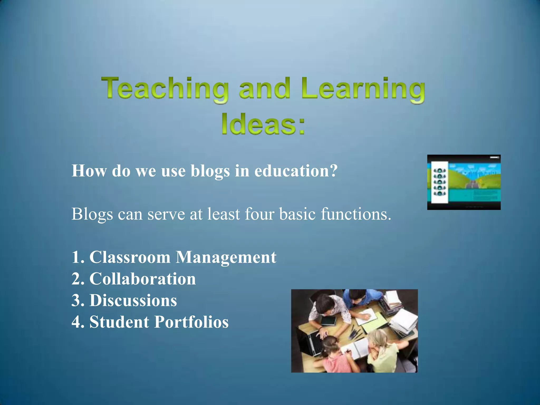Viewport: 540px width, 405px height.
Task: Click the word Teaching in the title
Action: [x=165, y=89]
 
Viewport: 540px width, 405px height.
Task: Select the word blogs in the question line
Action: [x=210, y=171]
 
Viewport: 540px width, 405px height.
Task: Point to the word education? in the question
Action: [x=296, y=171]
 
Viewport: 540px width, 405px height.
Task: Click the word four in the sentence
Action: [x=259, y=214]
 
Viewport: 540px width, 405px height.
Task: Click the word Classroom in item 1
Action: [x=130, y=257]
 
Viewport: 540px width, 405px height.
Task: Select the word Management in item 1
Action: [x=226, y=257]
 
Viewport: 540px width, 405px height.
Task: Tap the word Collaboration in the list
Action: [x=143, y=279]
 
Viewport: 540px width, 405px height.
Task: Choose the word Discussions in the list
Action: [x=133, y=300]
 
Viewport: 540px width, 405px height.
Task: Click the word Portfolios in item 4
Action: [x=191, y=322]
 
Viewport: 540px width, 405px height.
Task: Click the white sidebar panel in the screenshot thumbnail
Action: [x=440, y=182]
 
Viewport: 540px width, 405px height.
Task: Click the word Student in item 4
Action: [x=119, y=322]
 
